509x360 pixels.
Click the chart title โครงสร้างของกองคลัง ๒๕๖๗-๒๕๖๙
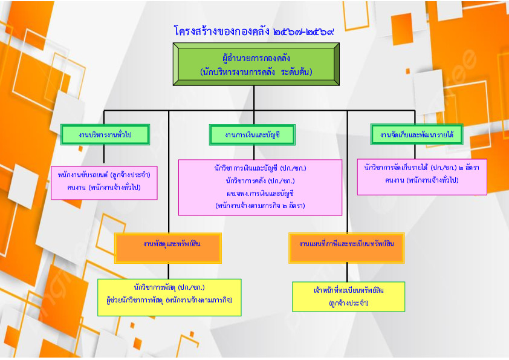coord(254,31)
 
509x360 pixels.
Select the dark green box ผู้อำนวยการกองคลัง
coord(256,64)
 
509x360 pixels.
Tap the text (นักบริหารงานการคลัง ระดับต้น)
coord(256,72)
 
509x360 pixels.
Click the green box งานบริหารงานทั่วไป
coord(105,134)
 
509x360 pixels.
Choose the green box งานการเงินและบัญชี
coord(252,134)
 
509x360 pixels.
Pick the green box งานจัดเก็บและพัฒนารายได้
coord(417,134)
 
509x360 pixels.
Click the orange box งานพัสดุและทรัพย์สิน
coord(168,248)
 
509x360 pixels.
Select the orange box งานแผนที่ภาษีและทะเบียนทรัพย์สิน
coord(347,248)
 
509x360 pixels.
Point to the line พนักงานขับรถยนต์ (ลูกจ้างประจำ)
coord(104,175)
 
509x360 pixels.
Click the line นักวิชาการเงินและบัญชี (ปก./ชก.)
coord(261,168)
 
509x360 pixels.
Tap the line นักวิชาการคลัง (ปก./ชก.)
coord(261,181)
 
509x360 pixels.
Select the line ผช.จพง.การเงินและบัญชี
coord(261,194)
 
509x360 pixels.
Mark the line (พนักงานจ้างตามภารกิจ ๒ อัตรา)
coord(261,206)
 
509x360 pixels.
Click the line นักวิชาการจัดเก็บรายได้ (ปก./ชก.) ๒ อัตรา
coord(422,168)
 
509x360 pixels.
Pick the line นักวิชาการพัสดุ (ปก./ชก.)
coord(169,287)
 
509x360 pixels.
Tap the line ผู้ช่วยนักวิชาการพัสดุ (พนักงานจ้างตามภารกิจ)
coord(169,300)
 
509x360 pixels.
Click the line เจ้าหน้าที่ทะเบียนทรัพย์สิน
coord(349,290)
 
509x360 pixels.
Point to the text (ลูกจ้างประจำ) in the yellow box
coord(349,303)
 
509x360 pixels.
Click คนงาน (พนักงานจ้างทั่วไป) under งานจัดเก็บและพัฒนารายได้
coord(422,180)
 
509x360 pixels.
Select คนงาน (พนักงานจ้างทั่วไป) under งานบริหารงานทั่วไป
coord(104,188)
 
